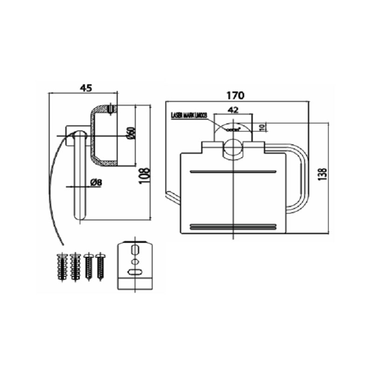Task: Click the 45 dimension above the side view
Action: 85,87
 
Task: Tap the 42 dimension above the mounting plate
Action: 233,110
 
